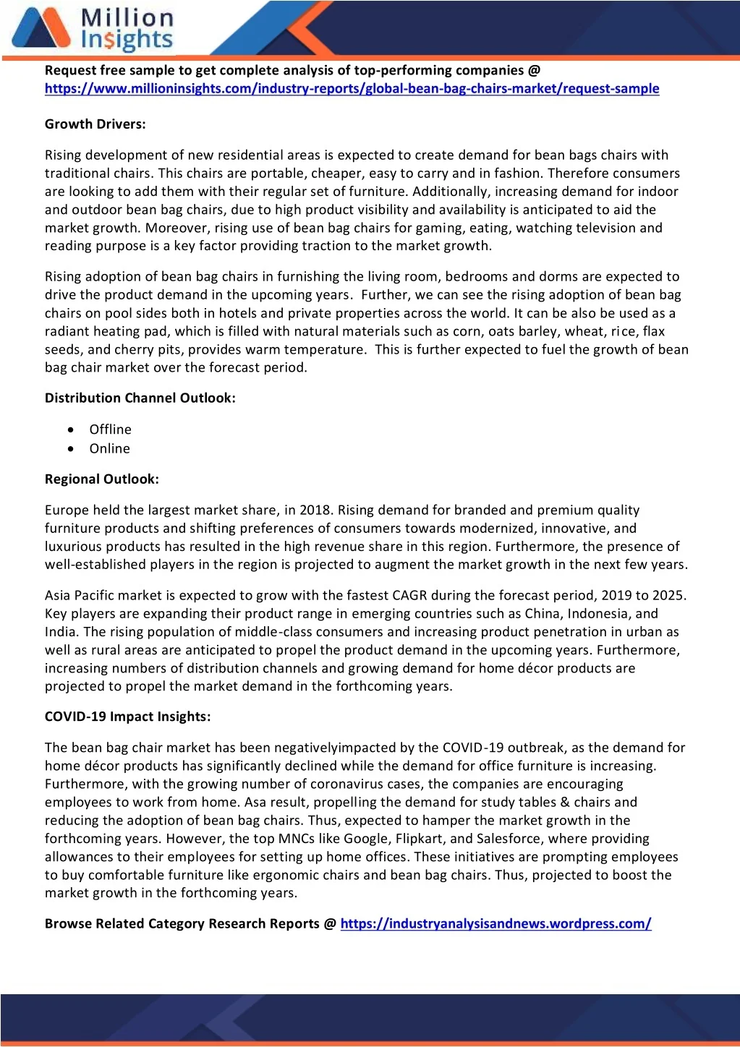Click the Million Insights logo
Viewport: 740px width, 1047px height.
[93, 29]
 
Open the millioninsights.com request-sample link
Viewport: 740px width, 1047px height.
[352, 89]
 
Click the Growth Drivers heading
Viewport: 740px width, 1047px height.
[95, 124]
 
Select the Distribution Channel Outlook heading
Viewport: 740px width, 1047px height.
[140, 398]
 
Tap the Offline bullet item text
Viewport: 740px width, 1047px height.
[110, 430]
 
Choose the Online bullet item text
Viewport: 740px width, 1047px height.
[109, 449]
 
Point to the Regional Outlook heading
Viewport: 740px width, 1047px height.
[101, 479]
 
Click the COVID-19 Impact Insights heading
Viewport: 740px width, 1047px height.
[127, 717]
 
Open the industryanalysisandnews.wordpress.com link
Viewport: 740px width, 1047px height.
[496, 924]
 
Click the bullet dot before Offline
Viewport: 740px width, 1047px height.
[70, 430]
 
